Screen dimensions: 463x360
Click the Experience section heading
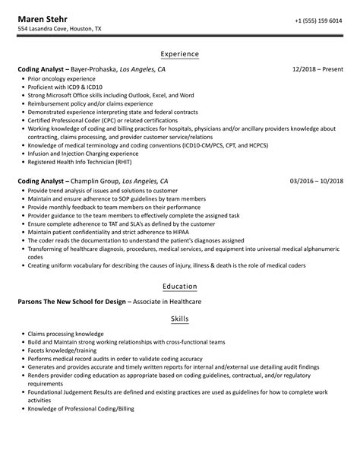click(180, 54)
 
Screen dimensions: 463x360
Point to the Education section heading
click(180, 286)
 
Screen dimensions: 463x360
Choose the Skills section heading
click(180, 319)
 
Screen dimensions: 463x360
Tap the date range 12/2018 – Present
click(317, 69)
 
